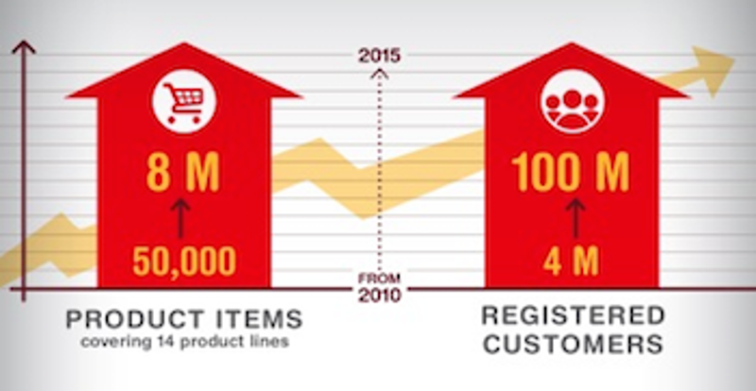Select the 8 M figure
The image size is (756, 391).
coord(183,172)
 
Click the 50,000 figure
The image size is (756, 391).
coord(184,261)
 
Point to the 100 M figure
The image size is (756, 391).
coord(571,172)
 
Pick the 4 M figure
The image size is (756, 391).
coord(571,261)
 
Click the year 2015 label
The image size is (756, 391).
coord(380,56)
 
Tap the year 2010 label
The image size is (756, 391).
coord(380,294)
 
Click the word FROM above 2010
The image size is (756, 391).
coord(379,278)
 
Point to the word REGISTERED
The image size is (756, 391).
coord(574,315)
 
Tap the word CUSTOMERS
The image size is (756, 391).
coord(574,344)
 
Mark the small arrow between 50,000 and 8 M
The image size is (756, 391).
coord(180,218)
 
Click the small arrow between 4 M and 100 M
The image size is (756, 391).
coord(576,218)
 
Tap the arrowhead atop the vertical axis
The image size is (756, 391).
coord(24,47)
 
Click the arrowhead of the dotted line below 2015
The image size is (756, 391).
coord(380,74)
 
